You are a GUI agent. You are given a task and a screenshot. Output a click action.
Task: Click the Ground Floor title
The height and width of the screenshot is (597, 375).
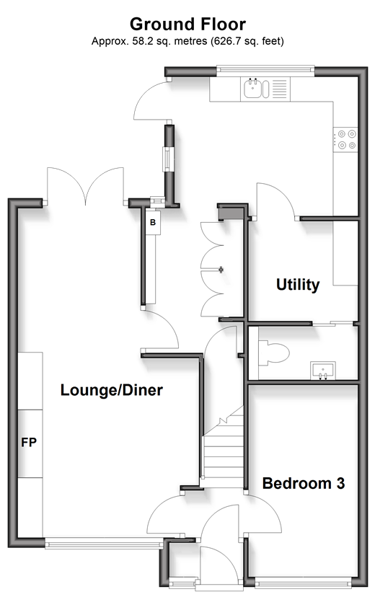(187, 25)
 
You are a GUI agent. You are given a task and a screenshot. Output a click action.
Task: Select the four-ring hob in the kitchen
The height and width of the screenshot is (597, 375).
(345, 139)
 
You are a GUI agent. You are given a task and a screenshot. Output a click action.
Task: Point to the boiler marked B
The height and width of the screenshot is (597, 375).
(153, 221)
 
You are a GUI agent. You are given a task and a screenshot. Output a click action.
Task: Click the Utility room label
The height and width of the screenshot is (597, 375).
(298, 284)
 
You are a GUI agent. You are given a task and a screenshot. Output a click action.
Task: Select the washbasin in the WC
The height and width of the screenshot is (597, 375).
(323, 371)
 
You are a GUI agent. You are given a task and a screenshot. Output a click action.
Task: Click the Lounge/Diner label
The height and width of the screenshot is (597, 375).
(112, 390)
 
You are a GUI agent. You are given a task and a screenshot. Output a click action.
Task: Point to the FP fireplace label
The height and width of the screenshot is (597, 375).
(29, 443)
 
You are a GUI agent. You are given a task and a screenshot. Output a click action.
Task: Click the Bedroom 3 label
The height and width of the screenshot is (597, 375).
(304, 483)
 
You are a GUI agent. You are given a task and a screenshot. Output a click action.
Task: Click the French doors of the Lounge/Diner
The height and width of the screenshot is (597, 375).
(85, 186)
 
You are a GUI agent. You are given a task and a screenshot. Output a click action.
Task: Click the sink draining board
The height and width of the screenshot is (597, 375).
(279, 89)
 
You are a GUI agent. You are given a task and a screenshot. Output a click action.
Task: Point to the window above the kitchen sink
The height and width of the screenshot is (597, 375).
(265, 70)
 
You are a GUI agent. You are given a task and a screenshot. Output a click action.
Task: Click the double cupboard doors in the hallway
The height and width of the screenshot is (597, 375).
(211, 270)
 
